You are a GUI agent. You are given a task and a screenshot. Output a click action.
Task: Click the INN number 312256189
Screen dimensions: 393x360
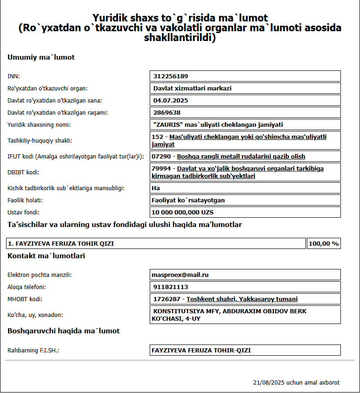pos(171,76)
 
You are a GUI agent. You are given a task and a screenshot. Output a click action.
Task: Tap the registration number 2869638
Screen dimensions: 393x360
pos(167,112)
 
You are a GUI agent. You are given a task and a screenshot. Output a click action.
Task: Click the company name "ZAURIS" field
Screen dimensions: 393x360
pos(218,124)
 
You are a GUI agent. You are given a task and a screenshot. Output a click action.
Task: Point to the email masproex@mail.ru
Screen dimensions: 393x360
pos(180,275)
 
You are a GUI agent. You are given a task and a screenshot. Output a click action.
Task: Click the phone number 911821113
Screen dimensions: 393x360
pos(171,287)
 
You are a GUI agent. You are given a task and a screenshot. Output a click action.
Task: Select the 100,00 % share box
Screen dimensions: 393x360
pos(324,243)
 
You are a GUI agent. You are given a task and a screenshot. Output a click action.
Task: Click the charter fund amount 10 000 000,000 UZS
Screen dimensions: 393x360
pos(182,212)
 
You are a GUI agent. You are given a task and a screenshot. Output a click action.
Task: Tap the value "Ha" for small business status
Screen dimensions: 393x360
pos(156,188)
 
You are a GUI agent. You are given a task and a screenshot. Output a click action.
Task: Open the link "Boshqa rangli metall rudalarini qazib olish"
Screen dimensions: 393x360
pos(241,156)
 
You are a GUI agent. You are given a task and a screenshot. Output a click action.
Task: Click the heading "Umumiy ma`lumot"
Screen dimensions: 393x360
pos(41,57)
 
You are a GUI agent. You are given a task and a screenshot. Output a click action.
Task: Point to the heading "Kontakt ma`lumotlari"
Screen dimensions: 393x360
pos(46,255)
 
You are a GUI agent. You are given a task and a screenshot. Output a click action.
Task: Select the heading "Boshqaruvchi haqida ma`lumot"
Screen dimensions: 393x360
pos(63,331)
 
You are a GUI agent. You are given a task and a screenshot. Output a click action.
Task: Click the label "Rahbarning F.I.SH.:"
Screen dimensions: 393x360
pos(34,350)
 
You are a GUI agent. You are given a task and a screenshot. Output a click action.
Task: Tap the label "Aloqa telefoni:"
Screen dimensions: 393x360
pos(27,287)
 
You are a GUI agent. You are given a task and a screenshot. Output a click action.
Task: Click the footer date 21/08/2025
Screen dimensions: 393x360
pos(269,382)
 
